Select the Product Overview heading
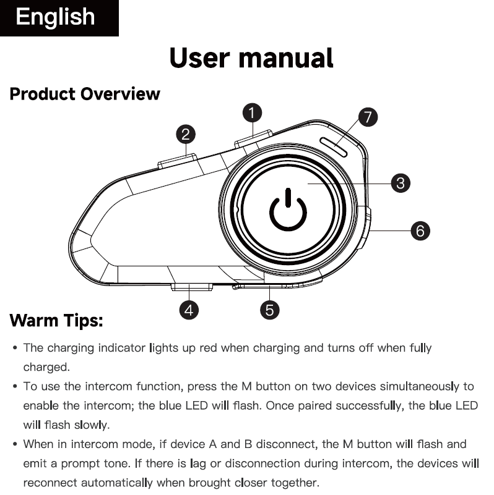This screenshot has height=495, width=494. [85, 94]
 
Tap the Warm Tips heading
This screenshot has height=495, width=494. [56, 321]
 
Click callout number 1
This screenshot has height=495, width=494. [251, 112]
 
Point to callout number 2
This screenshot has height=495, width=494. [186, 133]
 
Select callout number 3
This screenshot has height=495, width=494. [401, 183]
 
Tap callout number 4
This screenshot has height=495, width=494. [189, 310]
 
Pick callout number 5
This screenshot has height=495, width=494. [269, 310]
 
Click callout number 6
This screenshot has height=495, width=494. [420, 231]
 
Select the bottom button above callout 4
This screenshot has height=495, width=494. [192, 286]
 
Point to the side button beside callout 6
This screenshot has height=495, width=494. [367, 229]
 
